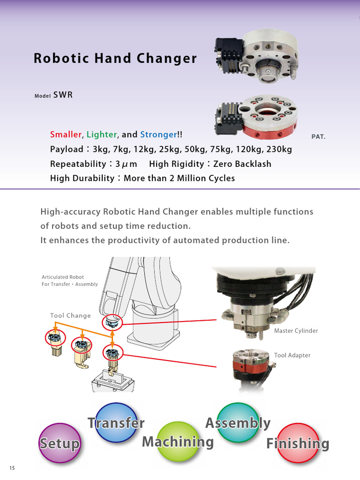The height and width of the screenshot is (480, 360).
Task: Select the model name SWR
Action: [x=63, y=95]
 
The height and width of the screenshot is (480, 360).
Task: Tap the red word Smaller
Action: [x=66, y=135]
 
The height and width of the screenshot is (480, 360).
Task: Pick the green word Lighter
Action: [x=102, y=135]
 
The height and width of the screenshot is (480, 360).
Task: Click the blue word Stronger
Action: [x=158, y=135]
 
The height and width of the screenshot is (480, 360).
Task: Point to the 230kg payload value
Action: [x=279, y=150]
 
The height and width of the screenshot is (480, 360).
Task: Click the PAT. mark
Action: [x=318, y=137]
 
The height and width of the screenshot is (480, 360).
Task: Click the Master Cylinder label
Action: [x=296, y=331]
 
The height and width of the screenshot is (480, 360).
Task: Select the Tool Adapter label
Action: [x=292, y=355]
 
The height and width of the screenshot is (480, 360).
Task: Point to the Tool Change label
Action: [x=70, y=315]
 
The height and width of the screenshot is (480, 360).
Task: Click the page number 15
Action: [x=12, y=468]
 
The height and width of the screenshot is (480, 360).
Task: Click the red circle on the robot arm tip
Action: [x=112, y=322]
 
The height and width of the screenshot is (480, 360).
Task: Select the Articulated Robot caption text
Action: [x=69, y=280]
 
